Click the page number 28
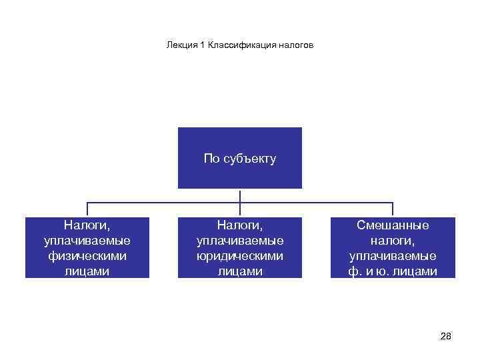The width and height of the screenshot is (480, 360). (x=446, y=336)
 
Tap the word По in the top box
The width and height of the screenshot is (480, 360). (x=211, y=159)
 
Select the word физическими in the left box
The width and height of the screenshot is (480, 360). (x=86, y=255)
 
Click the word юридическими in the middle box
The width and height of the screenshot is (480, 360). (x=240, y=255)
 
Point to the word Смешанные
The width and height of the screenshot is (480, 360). (x=393, y=225)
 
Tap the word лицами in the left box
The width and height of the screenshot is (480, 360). (x=86, y=271)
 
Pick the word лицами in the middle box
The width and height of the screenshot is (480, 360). (x=240, y=271)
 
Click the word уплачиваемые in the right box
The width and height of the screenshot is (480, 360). (x=393, y=255)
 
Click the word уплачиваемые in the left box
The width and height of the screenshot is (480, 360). (x=86, y=241)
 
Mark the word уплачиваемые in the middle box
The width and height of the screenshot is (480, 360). (x=240, y=241)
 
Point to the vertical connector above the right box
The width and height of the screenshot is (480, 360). (x=393, y=209)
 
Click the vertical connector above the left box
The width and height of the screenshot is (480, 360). (x=87, y=209)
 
